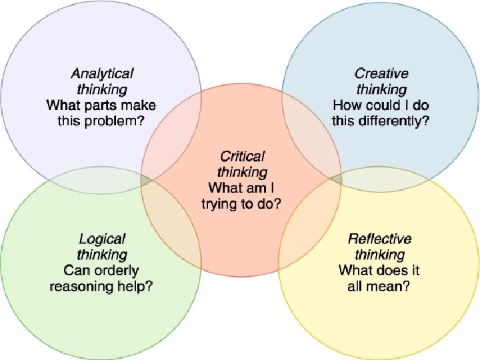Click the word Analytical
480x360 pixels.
tap(102, 73)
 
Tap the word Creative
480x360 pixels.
tap(381, 73)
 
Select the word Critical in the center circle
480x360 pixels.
tap(242, 157)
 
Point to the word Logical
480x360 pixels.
tap(102, 239)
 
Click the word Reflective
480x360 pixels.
tap(380, 239)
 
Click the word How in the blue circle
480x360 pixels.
tap(347, 105)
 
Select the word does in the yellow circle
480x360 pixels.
tap(385, 271)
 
